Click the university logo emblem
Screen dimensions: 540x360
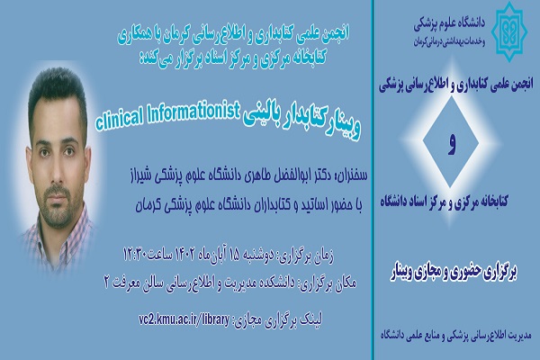tap(509, 31)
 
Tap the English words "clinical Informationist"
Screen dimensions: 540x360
tap(167, 116)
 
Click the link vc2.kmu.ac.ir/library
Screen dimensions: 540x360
tap(184, 319)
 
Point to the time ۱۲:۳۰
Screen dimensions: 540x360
tap(135, 255)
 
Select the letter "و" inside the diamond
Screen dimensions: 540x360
tap(452, 144)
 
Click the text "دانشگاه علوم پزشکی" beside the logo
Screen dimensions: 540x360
tap(449, 23)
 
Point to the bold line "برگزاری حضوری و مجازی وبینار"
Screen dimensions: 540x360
tap(454, 274)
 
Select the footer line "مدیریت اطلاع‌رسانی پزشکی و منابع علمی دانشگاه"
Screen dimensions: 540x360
tap(455, 335)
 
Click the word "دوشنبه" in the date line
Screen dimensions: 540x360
tap(259, 256)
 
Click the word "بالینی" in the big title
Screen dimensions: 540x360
tap(261, 120)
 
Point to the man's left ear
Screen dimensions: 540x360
tap(87, 162)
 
